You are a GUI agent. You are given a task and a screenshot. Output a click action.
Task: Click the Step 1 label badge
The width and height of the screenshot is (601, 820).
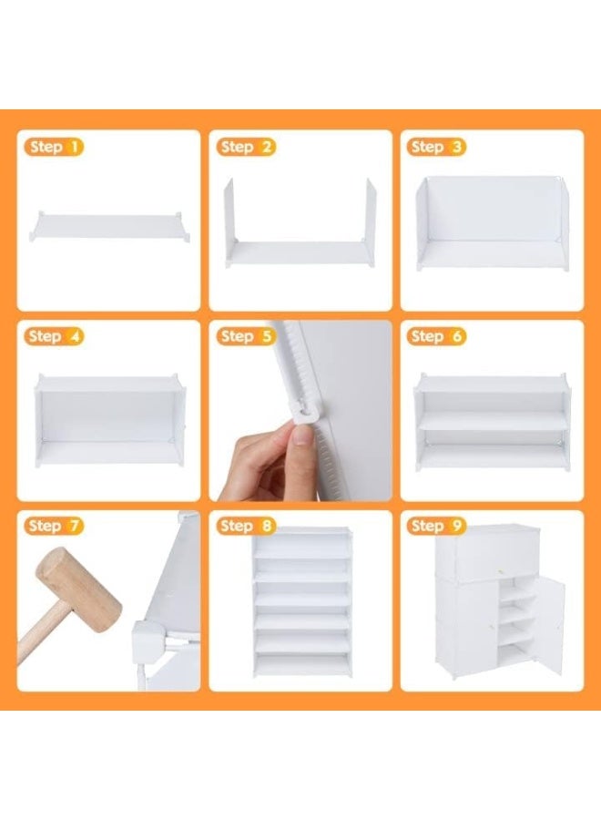coord(54,147)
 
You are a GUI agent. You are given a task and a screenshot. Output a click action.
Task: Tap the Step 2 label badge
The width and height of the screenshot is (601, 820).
coord(246,147)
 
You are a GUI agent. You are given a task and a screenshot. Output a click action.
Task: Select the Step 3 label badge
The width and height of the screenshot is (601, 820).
coord(436,147)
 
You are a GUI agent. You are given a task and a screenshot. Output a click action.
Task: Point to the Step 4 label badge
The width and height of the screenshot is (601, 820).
coord(54,335)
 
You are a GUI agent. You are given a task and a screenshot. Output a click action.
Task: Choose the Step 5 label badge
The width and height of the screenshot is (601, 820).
coord(246,335)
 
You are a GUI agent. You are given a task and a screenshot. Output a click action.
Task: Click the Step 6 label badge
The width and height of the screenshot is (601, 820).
coord(436,335)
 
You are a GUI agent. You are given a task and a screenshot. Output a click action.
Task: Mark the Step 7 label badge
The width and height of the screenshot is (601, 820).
coord(54,526)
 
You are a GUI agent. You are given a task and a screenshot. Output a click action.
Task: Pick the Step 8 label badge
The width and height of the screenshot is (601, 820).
coord(246,526)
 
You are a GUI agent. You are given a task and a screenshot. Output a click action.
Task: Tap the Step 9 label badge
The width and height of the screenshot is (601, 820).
coord(436,526)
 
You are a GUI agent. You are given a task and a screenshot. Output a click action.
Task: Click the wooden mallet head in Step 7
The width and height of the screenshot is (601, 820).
coord(78,586)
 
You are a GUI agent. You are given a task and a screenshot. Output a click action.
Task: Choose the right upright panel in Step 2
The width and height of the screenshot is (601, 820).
coord(371,213)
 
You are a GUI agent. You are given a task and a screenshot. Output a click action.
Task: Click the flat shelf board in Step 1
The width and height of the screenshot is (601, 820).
coord(110,227)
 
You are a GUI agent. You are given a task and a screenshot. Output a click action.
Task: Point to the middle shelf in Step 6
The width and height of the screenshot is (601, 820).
coord(492,420)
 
